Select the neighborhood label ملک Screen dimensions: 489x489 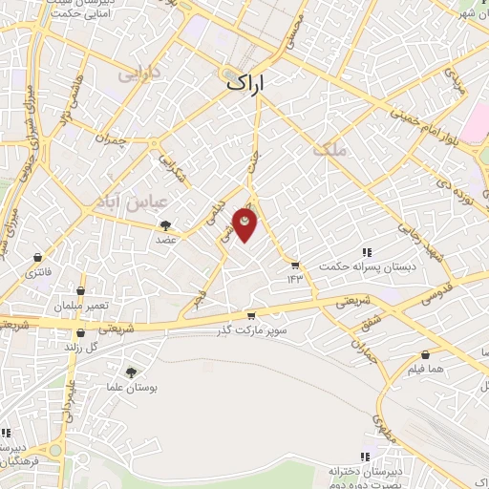coord(326,146)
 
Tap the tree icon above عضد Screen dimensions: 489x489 coord(167,225)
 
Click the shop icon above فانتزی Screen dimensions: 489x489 coord(37,258)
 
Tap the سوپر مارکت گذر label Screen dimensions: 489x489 coord(251,330)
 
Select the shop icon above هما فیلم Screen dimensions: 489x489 coord(425,355)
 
